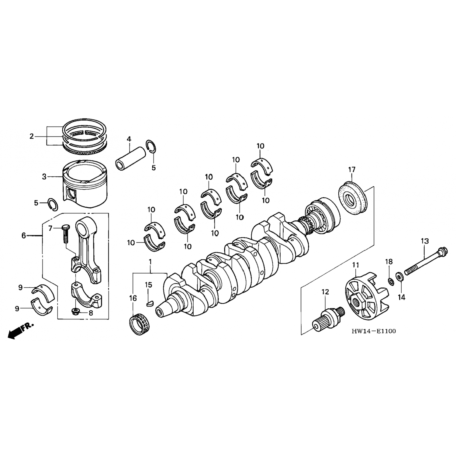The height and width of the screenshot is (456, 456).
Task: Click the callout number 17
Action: click(x=352, y=170)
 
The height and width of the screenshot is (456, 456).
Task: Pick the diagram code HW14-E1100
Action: click(x=374, y=331)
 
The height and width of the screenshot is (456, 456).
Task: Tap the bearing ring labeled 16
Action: click(x=139, y=325)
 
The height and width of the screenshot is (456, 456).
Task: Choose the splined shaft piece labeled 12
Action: click(x=328, y=318)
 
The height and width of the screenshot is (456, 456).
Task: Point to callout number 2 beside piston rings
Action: click(x=32, y=136)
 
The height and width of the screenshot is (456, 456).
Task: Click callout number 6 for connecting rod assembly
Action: click(x=24, y=235)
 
